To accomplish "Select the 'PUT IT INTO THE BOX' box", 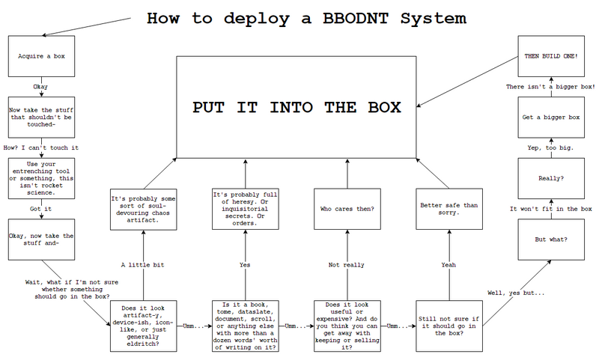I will click(296, 106).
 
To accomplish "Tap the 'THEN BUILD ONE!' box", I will click(550, 56).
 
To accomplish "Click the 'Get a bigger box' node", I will click(550, 118).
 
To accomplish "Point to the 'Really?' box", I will click(550, 179).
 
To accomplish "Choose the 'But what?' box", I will click(550, 239).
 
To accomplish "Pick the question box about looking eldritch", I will click(142, 326).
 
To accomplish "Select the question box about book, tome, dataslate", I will click(245, 326).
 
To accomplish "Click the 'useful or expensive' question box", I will click(347, 326).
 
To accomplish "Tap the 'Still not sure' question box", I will click(449, 326).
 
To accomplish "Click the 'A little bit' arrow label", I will click(142, 265).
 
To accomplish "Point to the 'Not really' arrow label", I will click(347, 265).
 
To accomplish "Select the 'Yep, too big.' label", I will click(550, 148).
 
